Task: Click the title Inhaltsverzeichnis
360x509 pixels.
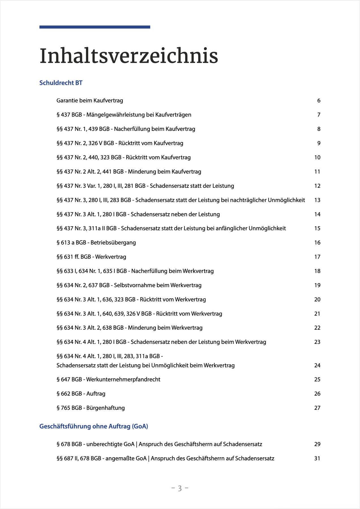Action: point(129,56)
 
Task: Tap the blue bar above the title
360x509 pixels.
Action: point(95,27)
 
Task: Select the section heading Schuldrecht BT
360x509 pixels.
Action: point(61,83)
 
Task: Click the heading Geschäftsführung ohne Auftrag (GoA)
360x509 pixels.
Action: point(94,426)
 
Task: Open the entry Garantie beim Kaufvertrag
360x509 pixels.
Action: point(90,101)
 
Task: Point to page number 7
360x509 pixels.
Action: point(319,115)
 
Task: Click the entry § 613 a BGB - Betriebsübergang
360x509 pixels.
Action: point(96,243)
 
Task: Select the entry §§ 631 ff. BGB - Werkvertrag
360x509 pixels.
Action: point(91,257)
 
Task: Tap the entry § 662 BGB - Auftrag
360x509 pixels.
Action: point(81,394)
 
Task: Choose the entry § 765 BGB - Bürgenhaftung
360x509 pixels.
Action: point(90,408)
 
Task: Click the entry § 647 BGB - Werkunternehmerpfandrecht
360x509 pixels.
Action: point(108,379)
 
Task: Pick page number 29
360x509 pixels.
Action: point(317,444)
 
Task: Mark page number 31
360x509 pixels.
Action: point(317,458)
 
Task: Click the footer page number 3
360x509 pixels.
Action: point(180,488)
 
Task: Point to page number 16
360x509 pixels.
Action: point(317,243)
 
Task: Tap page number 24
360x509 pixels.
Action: point(317,365)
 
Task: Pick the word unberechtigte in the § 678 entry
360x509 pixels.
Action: point(104,444)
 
